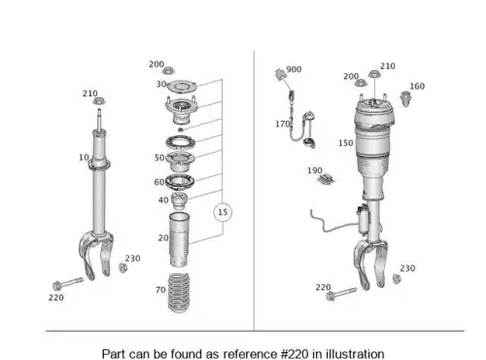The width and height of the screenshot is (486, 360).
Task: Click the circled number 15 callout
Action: click(x=223, y=212)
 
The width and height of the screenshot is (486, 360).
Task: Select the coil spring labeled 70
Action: click(x=178, y=293)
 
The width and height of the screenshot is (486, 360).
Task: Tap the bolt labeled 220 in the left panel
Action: click(x=67, y=283)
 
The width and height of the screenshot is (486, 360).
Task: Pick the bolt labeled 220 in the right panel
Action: click(x=341, y=294)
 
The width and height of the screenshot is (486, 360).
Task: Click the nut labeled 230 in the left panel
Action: click(x=122, y=268)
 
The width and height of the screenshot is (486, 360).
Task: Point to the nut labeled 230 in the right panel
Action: click(x=397, y=278)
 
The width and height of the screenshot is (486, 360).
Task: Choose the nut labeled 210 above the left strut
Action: click(x=99, y=101)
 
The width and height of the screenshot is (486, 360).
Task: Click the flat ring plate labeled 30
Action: click(x=182, y=87)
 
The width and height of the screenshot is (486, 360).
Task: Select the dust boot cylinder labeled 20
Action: click(x=179, y=239)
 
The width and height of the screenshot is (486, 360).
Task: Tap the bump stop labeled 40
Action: click(x=179, y=200)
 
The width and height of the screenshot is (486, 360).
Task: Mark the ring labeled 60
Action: click(x=180, y=182)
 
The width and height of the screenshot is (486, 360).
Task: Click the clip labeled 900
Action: click(x=280, y=74)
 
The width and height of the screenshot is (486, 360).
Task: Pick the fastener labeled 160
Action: click(x=405, y=98)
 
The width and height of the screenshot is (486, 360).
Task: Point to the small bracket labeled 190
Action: click(x=326, y=179)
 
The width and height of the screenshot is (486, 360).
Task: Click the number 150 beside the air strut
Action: click(x=346, y=143)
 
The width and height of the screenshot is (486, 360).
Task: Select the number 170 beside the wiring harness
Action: click(x=283, y=124)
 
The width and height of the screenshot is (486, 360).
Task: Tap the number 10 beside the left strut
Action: click(x=84, y=158)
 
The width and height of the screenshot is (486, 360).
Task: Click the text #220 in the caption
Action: click(x=295, y=354)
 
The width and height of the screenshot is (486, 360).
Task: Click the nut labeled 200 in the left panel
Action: click(x=168, y=70)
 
